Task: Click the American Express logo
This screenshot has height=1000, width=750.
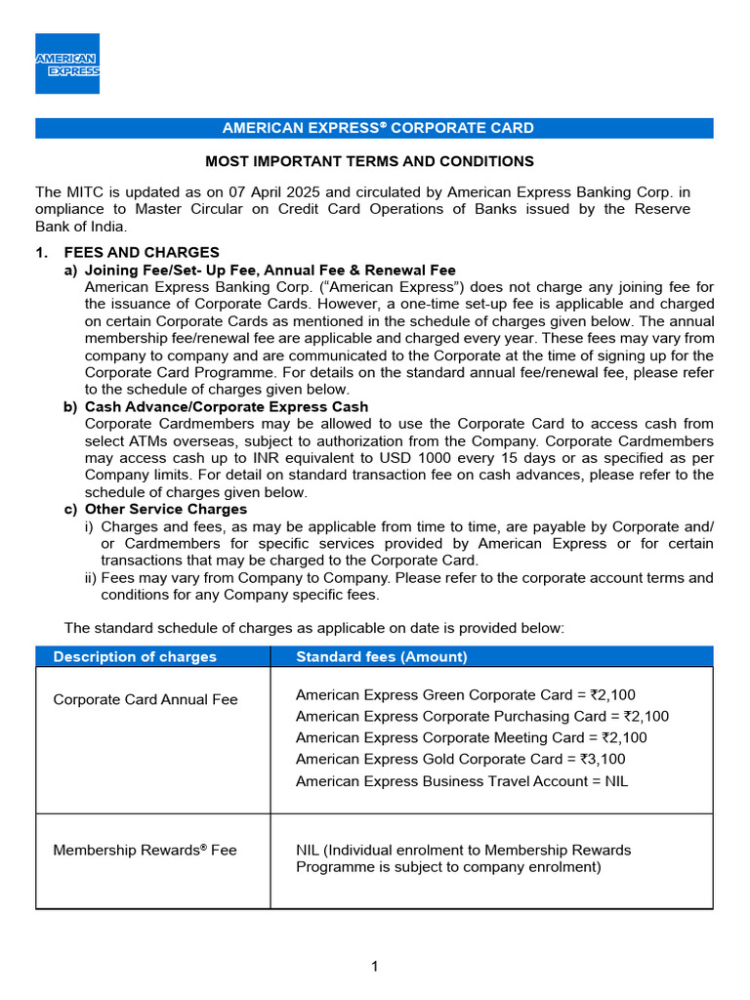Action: pyautogui.click(x=67, y=63)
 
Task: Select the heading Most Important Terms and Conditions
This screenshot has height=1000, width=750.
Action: pyautogui.click(x=368, y=161)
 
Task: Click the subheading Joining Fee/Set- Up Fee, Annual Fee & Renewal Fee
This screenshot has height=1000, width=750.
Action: pyautogui.click(x=270, y=270)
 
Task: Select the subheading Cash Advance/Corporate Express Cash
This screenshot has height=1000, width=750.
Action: pyautogui.click(x=227, y=406)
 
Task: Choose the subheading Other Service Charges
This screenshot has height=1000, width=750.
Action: pyautogui.click(x=166, y=509)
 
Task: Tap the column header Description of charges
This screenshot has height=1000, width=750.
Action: pyautogui.click(x=135, y=656)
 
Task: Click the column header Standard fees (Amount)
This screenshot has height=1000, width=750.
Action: pyautogui.click(x=382, y=656)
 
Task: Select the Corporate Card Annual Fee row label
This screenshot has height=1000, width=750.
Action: pyautogui.click(x=146, y=699)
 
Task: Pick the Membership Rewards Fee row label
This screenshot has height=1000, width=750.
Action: pyautogui.click(x=145, y=850)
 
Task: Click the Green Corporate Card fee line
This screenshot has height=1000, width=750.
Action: pyautogui.click(x=465, y=695)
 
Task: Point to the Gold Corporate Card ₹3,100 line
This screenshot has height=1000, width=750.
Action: pyautogui.click(x=460, y=759)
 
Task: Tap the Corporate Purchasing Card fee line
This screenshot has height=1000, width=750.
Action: pyautogui.click(x=481, y=717)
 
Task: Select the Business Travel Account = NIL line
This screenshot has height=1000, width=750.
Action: pyautogui.click(x=462, y=781)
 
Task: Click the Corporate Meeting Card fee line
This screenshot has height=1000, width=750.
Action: pyautogui.click(x=471, y=737)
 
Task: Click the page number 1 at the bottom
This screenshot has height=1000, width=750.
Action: pyautogui.click(x=374, y=967)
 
